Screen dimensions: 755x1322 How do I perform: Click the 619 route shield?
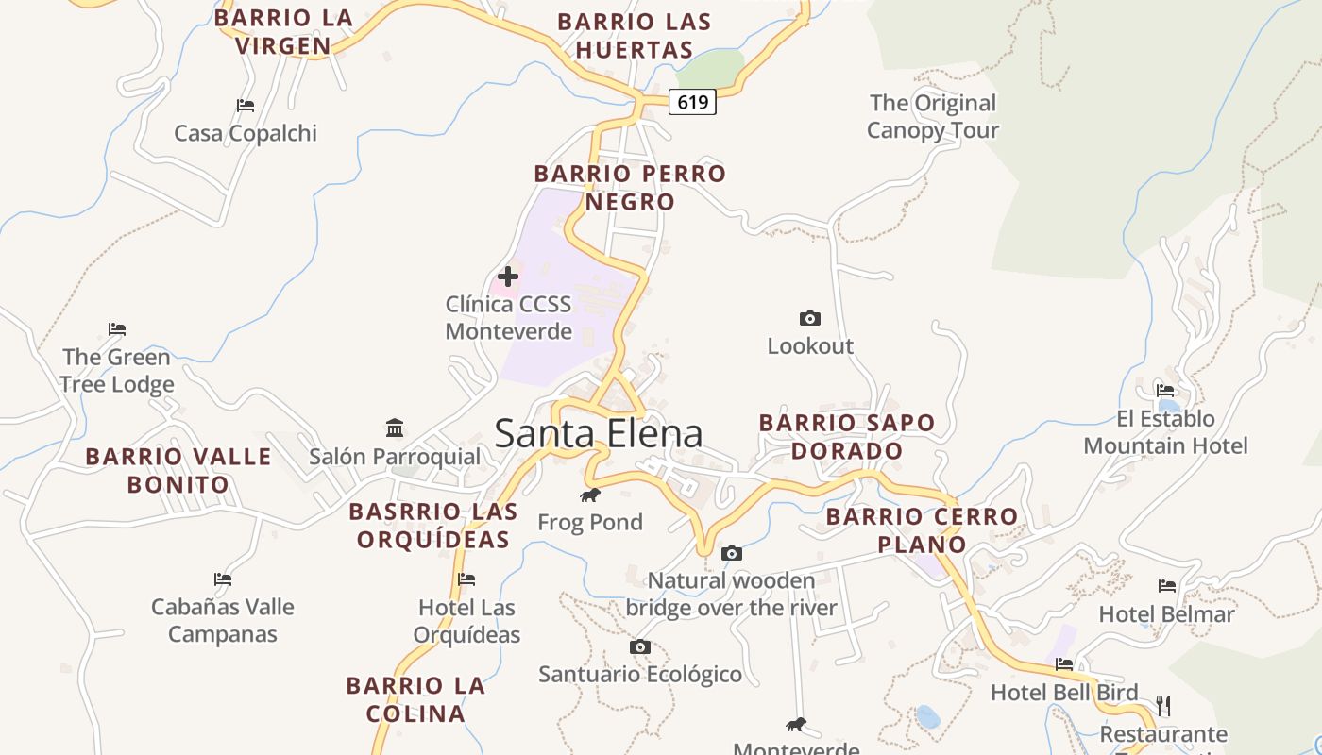click(692, 102)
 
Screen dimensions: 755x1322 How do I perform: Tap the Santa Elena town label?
click(599, 433)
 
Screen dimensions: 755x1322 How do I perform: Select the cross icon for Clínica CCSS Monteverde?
click(508, 277)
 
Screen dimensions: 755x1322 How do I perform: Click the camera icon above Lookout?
click(809, 318)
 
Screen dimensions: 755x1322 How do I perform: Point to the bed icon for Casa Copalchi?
click(246, 106)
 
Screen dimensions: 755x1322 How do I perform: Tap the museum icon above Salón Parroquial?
click(395, 428)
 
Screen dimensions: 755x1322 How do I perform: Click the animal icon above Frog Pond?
click(590, 495)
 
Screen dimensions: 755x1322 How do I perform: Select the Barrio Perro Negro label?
click(630, 188)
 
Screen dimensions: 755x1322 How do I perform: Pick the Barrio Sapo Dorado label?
click(847, 437)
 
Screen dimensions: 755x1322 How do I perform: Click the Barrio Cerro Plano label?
click(922, 530)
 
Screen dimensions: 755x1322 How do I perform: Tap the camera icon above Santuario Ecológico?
click(640, 646)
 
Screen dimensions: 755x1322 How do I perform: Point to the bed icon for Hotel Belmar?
click(1167, 586)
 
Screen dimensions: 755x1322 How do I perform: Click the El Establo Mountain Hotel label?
click(1165, 432)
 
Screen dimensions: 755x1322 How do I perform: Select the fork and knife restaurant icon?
click(1163, 705)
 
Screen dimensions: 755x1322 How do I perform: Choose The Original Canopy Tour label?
click(933, 116)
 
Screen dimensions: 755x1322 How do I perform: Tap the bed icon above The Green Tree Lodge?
click(117, 329)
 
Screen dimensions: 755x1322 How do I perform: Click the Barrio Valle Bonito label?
click(178, 470)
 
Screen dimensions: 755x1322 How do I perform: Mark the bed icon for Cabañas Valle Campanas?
click(223, 579)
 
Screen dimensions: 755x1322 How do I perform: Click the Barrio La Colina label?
click(415, 699)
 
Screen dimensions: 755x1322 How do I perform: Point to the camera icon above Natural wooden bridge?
click(731, 553)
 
